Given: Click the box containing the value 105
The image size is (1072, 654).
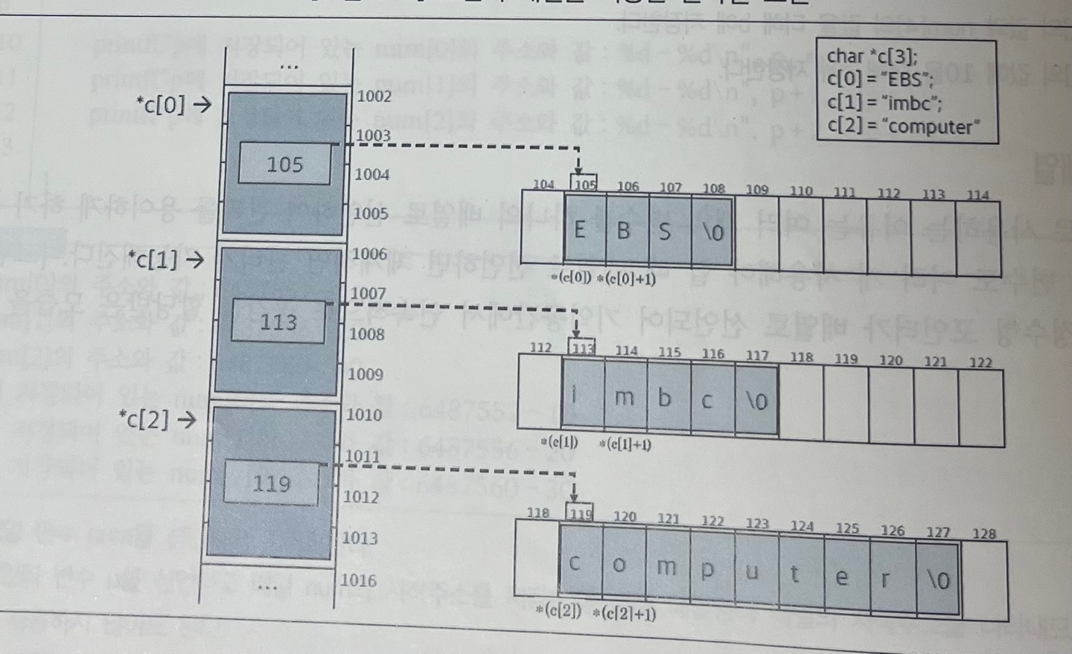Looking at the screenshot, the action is pyautogui.click(x=284, y=164).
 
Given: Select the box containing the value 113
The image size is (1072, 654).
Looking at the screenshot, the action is pyautogui.click(x=278, y=321).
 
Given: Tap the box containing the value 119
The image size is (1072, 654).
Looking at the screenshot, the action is pyautogui.click(x=271, y=484).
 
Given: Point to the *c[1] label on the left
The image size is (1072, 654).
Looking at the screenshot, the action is pyautogui.click(x=156, y=260).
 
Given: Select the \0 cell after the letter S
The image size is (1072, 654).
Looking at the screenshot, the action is pyautogui.click(x=712, y=231).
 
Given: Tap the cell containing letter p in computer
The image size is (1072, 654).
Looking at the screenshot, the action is pyautogui.click(x=707, y=569).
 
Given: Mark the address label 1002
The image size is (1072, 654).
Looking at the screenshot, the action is pyautogui.click(x=374, y=96).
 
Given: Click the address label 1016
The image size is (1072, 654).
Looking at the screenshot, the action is pyautogui.click(x=358, y=580).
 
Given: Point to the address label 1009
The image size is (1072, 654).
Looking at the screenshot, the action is pyautogui.click(x=366, y=374).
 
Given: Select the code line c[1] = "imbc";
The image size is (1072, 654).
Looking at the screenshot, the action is pyautogui.click(x=878, y=103).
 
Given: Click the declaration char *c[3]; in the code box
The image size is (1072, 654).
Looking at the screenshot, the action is pyautogui.click(x=872, y=57).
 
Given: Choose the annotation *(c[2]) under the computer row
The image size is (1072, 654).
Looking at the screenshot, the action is pyautogui.click(x=558, y=612).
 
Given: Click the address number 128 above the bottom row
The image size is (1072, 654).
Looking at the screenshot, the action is pyautogui.click(x=983, y=533).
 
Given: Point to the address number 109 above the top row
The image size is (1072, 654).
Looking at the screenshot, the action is pyautogui.click(x=756, y=189).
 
